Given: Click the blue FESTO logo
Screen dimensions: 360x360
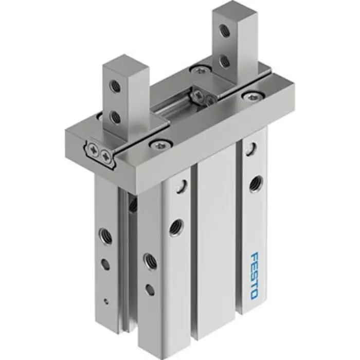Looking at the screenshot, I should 254,275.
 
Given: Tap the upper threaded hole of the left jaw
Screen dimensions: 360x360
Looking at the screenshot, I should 116,87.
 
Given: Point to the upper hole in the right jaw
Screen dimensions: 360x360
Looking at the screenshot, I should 225,31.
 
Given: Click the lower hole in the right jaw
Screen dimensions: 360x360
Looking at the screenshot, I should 225,61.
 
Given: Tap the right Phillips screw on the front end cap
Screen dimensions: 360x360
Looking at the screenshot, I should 106,154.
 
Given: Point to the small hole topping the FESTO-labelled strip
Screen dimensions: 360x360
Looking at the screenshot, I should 250,149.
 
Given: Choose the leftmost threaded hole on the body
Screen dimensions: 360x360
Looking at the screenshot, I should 105,234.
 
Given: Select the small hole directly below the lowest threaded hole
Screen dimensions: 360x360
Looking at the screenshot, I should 149,289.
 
